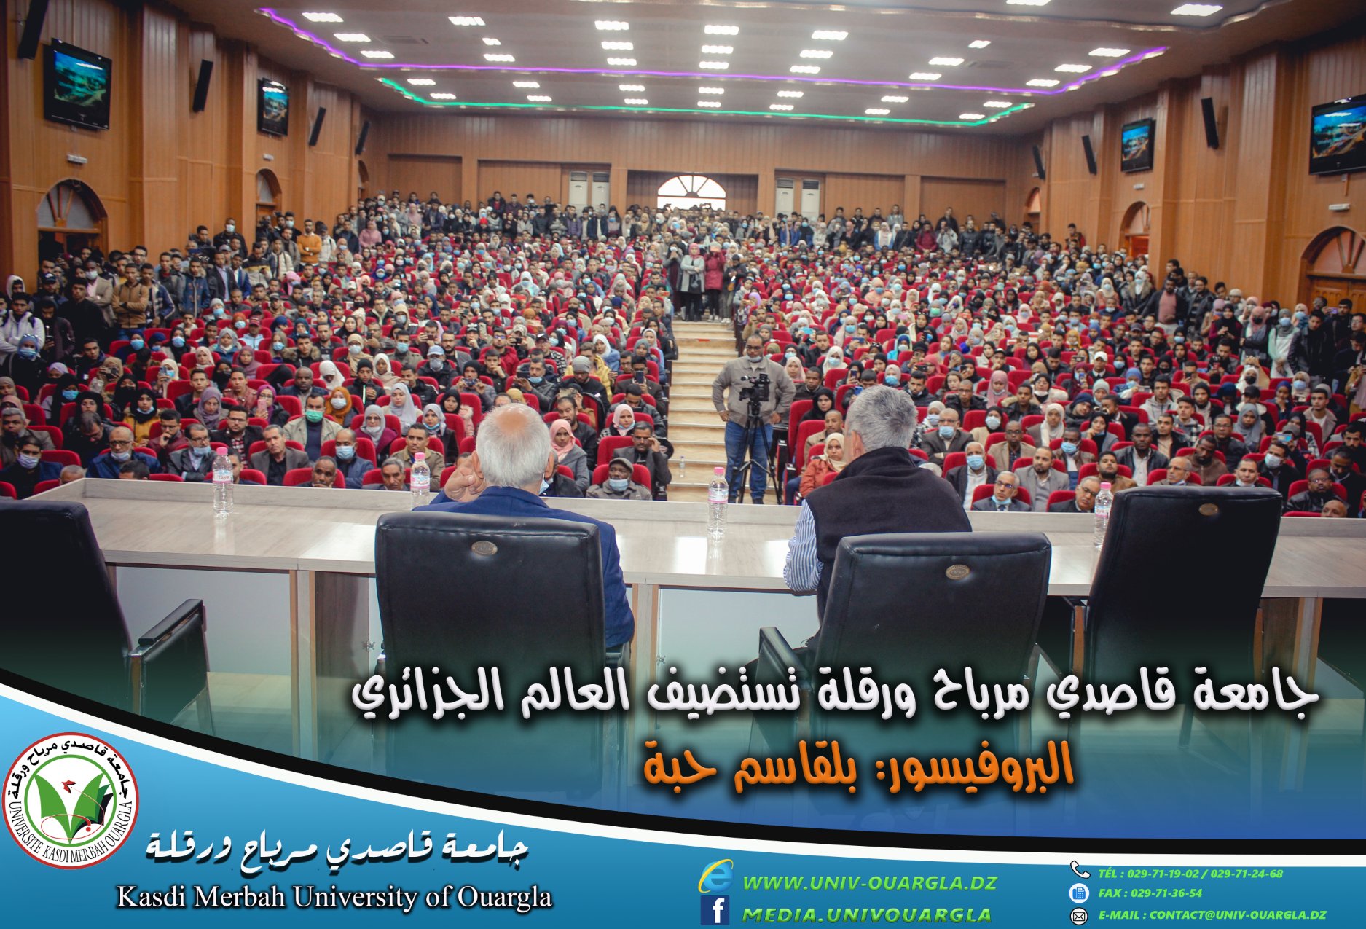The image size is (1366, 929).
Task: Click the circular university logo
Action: [71, 800]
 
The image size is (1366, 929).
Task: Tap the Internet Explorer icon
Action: [715, 877]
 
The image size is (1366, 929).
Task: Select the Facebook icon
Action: [715, 911]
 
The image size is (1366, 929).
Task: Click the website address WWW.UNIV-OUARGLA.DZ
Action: [869, 883]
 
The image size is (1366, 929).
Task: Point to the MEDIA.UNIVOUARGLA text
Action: [866, 914]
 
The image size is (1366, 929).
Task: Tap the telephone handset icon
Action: [1078, 869]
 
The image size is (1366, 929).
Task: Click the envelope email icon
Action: [1078, 915]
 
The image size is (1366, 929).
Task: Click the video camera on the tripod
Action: [754, 387]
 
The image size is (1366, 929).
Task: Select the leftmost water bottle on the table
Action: [222, 481]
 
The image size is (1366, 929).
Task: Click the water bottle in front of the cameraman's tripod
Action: [717, 503]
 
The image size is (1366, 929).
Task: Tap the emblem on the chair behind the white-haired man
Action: [483, 547]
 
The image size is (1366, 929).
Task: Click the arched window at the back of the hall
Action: [691, 192]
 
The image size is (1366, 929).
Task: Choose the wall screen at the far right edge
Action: [1337, 135]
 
